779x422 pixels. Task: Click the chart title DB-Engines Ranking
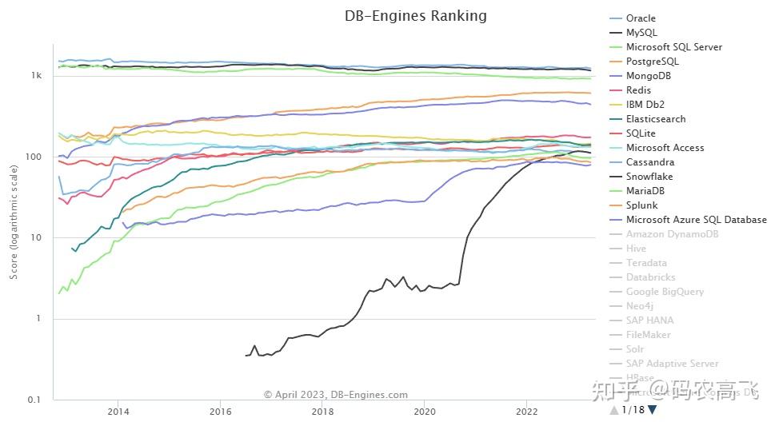pos(415,15)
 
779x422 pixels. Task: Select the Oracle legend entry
pos(641,18)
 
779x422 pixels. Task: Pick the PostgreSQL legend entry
pos(652,62)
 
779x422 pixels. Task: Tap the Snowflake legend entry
pos(649,177)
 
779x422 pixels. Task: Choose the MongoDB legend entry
pos(648,76)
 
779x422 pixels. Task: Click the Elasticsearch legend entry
pos(655,119)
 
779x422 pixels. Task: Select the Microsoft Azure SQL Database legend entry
pos(696,220)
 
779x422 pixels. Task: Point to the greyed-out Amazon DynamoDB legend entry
pos(672,234)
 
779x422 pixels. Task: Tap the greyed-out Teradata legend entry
pos(646,263)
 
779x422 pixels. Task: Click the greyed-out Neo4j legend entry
pos(640,306)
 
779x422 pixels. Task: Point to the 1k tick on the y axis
pos(36,76)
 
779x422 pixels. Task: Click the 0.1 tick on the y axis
pos(34,400)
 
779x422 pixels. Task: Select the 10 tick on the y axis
pos(36,238)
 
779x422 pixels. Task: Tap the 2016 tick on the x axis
pos(220,412)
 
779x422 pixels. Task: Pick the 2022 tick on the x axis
pos(526,412)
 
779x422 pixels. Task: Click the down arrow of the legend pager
pos(652,410)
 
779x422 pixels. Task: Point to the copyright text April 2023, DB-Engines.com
pos(336,395)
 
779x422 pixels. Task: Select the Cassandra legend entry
pos(650,162)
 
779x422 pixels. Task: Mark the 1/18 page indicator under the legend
pos(633,410)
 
